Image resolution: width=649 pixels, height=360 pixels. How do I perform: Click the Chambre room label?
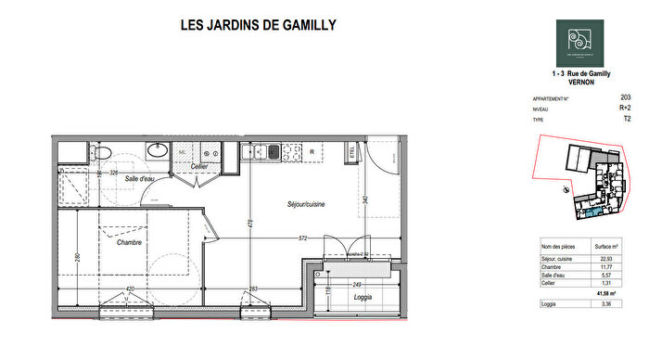130,243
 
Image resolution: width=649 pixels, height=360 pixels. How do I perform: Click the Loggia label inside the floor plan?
363,297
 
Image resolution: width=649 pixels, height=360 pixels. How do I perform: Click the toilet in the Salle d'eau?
104,152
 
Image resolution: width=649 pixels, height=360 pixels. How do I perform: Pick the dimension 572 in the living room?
303,238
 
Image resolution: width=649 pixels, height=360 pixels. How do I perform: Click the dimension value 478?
249,223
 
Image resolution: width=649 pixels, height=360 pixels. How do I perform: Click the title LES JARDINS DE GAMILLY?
258,25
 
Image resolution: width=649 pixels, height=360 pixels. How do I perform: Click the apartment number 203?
626,96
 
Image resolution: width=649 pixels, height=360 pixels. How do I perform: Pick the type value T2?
627,119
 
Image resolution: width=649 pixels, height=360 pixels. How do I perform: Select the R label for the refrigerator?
312,151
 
